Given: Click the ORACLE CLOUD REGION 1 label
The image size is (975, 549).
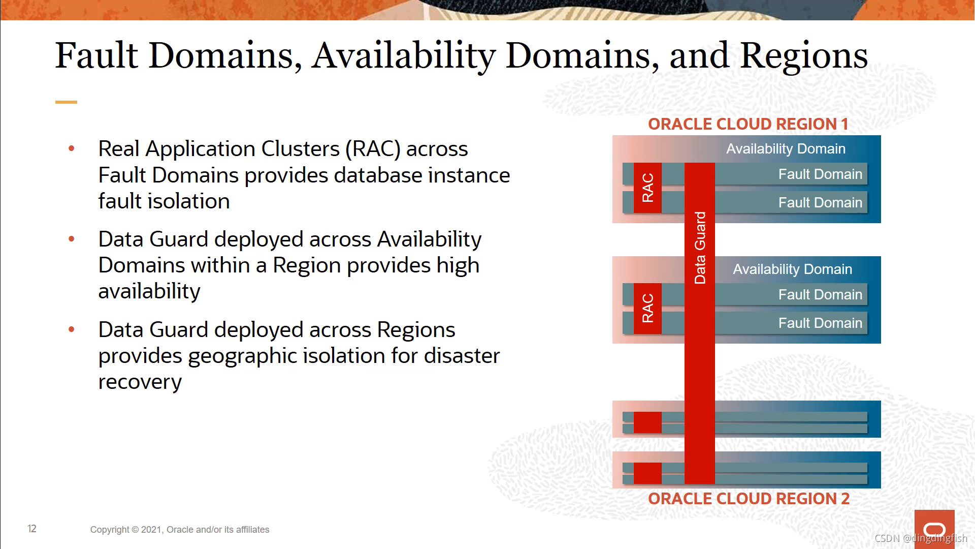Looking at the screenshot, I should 747,124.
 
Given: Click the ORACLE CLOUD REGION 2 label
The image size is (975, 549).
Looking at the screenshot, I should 749,499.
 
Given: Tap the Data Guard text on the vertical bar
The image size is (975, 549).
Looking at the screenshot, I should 700,248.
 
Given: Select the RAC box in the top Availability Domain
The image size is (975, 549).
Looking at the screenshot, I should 647,188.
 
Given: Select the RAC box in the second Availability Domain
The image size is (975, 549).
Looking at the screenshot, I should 647,308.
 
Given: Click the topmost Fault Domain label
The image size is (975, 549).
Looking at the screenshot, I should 820,174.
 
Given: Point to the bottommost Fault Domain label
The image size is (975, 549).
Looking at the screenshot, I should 820,323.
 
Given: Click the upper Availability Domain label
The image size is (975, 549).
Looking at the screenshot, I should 786,148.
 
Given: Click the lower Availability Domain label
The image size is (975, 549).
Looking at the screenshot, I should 792,269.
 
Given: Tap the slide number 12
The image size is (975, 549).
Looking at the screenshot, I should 32,529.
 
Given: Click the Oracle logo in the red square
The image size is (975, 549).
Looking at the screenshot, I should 934,529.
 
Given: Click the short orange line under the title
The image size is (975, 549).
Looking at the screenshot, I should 66,102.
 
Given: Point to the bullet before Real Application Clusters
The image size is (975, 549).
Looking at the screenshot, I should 72,148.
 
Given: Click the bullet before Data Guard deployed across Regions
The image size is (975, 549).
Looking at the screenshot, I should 72,329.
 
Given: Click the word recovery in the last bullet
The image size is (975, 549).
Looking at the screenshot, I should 140,382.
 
